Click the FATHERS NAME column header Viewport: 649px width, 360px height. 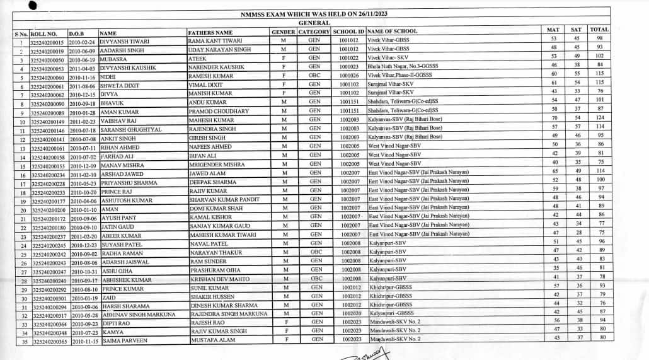click(210, 32)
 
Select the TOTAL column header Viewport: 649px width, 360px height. click(599, 30)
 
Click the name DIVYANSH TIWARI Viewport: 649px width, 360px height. click(124, 41)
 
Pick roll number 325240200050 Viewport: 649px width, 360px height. click(47, 59)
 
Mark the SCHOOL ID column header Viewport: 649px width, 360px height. click(348, 32)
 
